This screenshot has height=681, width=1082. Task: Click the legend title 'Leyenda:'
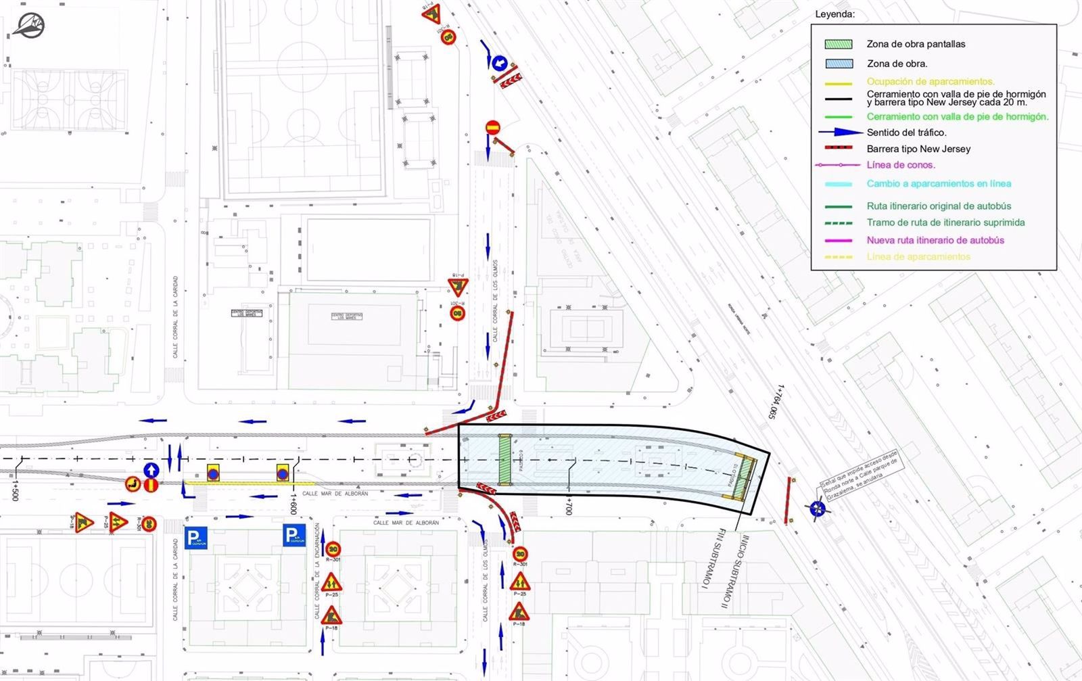tap(834, 14)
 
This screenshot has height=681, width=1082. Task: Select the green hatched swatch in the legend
tap(838, 44)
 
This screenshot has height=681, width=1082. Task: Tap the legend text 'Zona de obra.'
tap(897, 64)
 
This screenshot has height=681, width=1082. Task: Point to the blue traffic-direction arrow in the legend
tap(841, 133)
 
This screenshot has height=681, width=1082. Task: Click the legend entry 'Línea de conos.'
tap(901, 165)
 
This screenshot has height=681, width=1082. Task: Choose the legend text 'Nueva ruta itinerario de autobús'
tap(935, 240)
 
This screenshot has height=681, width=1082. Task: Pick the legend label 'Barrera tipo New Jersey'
tap(918, 149)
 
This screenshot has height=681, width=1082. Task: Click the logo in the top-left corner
tap(28, 25)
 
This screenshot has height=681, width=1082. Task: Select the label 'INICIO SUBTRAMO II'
tap(745, 572)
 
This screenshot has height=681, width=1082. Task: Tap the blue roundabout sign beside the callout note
tap(818, 508)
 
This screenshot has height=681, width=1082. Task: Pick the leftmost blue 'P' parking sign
tap(195, 537)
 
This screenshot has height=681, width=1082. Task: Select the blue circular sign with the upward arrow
tap(151, 469)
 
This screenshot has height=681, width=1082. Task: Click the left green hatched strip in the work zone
tap(504, 459)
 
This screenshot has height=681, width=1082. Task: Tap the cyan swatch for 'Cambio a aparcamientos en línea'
tap(838, 184)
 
